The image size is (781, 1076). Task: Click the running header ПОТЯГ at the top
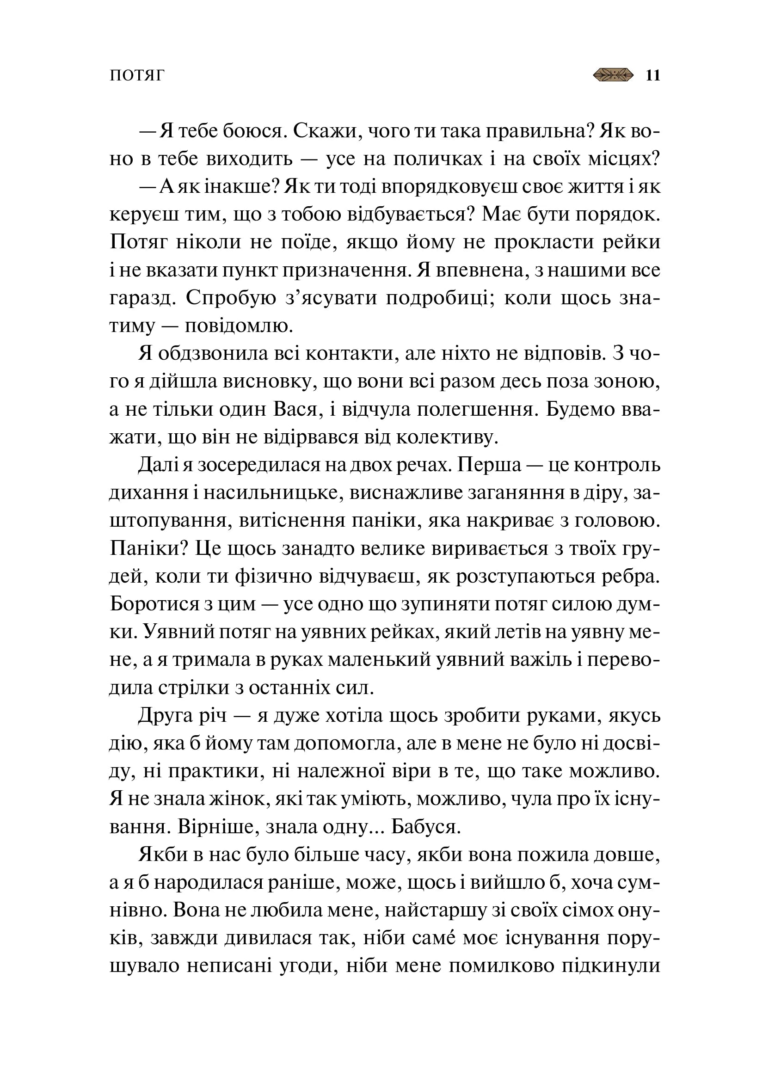click(x=137, y=76)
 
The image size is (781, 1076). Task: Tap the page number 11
click(x=653, y=76)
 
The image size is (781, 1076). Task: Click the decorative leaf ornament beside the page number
click(x=613, y=75)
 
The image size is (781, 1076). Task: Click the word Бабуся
click(x=426, y=827)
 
